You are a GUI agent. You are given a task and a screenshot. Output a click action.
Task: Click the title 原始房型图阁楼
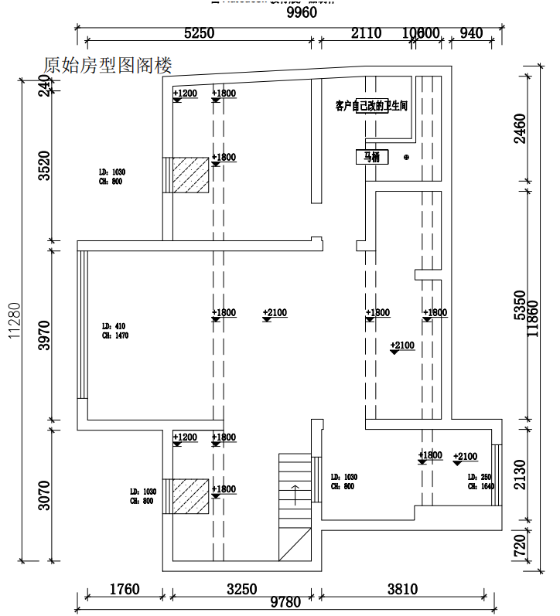click(108, 65)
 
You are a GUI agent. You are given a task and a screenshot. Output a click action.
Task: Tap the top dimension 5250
click(198, 32)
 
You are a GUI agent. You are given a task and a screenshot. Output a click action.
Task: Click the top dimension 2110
click(367, 32)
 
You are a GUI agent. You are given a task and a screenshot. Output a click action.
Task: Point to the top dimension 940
click(470, 32)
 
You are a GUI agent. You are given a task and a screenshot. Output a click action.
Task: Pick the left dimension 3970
click(44, 335)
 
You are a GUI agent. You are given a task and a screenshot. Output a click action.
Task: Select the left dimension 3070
click(44, 495)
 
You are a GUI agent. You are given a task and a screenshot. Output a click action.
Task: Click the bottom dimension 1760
click(124, 590)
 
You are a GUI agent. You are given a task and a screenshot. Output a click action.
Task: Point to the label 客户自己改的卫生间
click(371, 104)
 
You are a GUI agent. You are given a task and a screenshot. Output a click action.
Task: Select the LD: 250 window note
click(480, 482)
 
